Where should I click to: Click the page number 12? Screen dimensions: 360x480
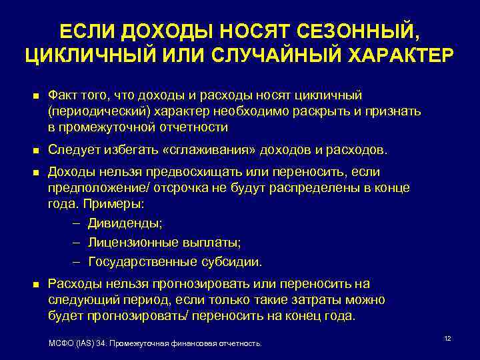click(x=447, y=339)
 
